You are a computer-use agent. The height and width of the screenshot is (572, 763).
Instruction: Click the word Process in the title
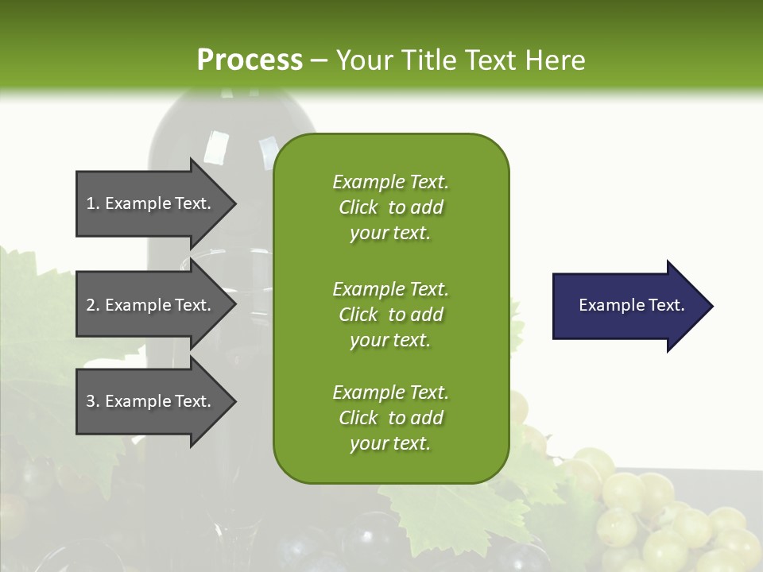coord(250,60)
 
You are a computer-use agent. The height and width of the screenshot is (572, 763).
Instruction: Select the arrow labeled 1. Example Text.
coord(151,203)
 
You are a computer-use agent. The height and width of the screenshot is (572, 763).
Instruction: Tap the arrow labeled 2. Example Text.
coord(151,305)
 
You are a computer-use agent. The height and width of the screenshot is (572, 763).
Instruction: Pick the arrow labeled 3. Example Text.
coord(151,401)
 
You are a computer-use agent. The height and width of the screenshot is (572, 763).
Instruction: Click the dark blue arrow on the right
coord(628,306)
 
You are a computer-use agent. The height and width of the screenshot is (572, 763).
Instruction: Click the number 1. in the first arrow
coord(93,203)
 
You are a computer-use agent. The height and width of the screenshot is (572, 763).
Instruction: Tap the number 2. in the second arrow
coord(93,305)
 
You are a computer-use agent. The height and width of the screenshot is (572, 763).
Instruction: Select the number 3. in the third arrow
coord(93,401)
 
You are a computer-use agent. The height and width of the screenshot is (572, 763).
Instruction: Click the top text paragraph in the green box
coord(390,207)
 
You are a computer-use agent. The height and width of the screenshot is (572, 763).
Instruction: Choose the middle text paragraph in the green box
coord(390,315)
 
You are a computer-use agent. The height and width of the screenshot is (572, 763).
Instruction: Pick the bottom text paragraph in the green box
coord(390,418)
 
